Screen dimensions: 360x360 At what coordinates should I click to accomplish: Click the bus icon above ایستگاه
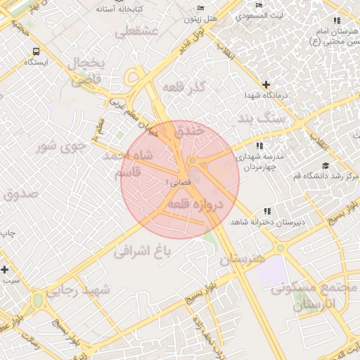[35, 51]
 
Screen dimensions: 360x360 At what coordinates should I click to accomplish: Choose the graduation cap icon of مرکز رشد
[325, 165]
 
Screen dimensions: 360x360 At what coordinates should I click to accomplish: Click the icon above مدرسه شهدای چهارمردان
[260, 146]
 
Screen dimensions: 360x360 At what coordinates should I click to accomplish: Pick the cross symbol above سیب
[5, 269]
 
